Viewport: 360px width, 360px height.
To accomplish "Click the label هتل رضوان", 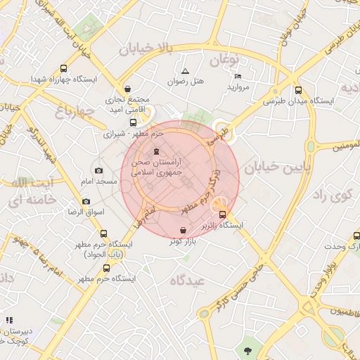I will [185, 82].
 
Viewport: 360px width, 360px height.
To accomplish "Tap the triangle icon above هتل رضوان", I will [185, 71].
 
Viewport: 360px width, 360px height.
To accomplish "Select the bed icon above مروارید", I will [238, 76].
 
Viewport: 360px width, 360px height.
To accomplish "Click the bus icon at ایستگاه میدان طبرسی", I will [299, 90].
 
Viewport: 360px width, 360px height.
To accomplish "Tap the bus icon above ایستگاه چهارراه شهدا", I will [64, 69].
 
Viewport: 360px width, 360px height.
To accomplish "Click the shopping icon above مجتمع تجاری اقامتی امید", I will [127, 89].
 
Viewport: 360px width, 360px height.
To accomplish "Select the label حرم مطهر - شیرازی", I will [133, 133].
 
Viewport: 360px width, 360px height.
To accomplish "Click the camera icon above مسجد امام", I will [98, 171].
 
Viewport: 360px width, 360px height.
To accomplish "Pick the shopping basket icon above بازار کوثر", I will [183, 231].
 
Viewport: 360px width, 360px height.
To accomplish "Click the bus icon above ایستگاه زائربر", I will [223, 214].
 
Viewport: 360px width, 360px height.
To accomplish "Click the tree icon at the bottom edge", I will [247, 349].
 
